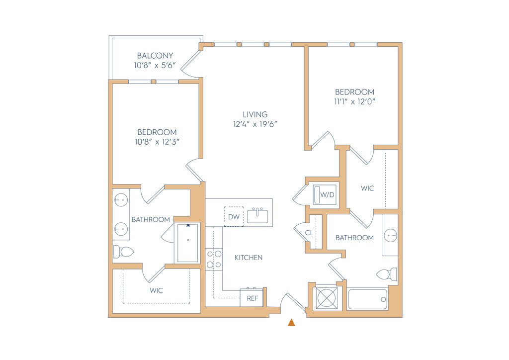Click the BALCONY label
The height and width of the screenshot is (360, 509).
[155, 56]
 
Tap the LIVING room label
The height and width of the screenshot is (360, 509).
[255, 114]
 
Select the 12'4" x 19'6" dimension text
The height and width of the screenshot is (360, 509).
[255, 124]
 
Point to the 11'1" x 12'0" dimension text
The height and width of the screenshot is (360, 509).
[355, 101]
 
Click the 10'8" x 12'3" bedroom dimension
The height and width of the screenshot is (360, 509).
[157, 142]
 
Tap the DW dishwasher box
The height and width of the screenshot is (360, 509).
[234, 216]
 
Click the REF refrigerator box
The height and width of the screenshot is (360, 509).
[252, 298]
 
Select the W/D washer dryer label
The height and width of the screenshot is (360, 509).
[327, 195]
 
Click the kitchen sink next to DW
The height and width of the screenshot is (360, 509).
[257, 215]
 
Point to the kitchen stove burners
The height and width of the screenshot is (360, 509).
[214, 260]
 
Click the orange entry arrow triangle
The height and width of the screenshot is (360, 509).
[291, 322]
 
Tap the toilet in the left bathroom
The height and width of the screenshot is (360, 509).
[123, 251]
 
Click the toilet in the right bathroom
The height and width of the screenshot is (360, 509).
[387, 274]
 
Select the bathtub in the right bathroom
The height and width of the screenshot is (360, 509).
[367, 299]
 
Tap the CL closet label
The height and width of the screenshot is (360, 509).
[309, 233]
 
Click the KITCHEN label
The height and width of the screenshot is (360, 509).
[249, 258]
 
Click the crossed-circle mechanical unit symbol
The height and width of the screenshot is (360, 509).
[327, 298]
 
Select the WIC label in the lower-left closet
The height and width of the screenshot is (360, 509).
[156, 290]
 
